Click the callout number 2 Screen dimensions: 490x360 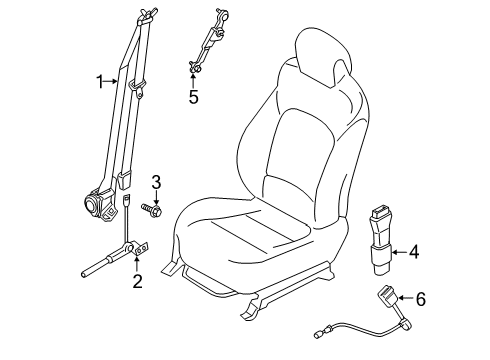pyautogui.click(x=137, y=281)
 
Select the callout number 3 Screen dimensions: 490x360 pyautogui.click(x=156, y=181)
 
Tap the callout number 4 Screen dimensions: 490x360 pyautogui.click(x=414, y=253)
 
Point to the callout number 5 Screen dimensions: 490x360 pyautogui.click(x=193, y=98)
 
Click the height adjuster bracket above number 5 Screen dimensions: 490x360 pyautogui.click(x=207, y=45)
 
